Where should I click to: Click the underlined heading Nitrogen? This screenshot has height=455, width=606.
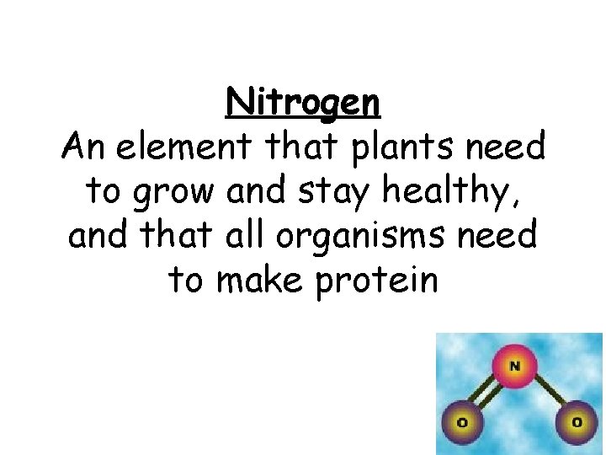[303, 104]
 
